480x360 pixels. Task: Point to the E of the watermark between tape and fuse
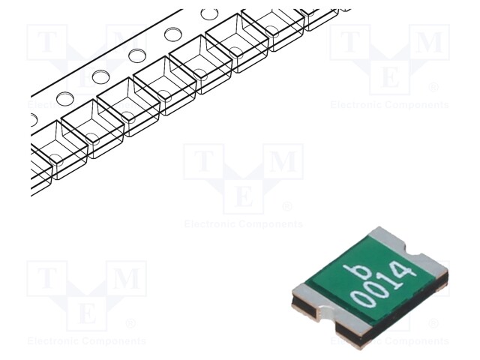click(243, 196)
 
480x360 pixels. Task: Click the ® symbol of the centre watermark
click(287, 206)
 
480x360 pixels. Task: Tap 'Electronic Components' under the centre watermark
click(243, 224)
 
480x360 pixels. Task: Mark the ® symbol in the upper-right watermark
click(433, 87)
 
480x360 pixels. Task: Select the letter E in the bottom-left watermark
click(86, 314)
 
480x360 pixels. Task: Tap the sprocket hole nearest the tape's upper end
click(209, 13)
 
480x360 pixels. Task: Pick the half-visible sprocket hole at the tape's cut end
click(33, 119)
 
